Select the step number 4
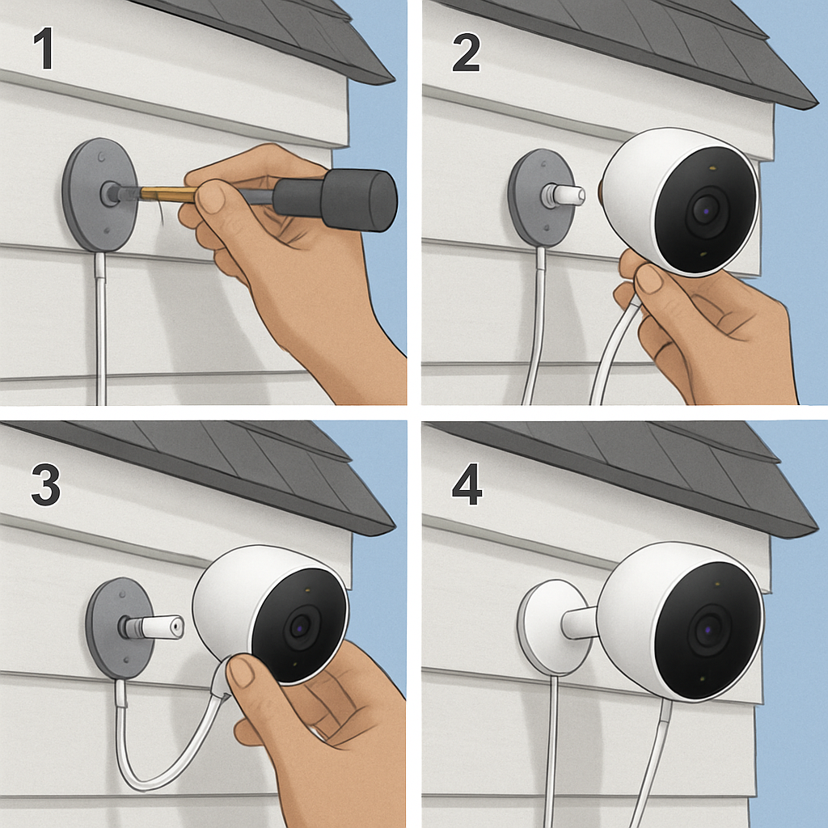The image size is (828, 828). click(467, 485)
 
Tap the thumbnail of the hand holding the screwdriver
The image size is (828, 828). click(213, 197)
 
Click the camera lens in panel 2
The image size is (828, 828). click(704, 209)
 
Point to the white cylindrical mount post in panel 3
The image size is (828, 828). click(158, 627)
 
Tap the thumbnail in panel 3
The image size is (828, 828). click(243, 670)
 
